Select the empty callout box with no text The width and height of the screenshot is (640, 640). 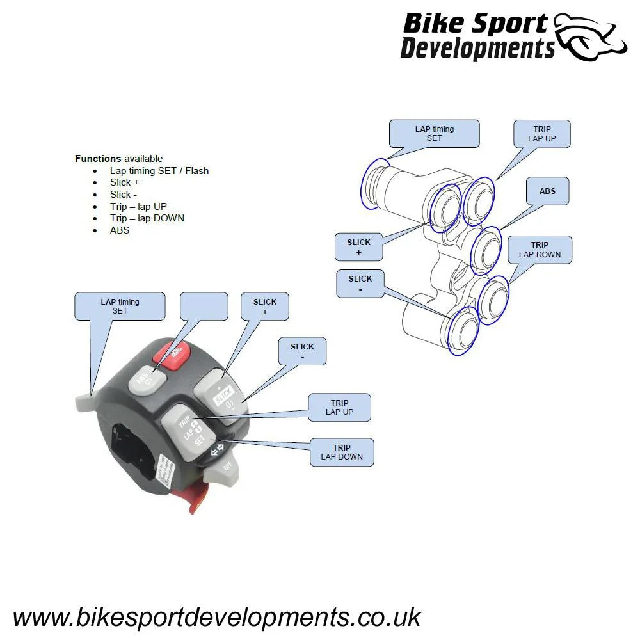point(204,306)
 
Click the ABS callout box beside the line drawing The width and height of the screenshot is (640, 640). point(547,191)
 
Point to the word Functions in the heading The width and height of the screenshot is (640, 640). point(98,159)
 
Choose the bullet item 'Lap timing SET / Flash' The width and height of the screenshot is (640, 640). point(159,171)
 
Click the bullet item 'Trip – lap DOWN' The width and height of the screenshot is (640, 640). point(147,218)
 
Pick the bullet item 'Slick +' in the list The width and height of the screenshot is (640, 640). point(125,182)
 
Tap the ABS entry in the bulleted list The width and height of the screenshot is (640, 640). point(120,230)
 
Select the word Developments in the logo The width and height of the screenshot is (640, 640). point(477,49)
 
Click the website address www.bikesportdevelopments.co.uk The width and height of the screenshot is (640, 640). point(216,617)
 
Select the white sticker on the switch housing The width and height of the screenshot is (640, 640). point(165,472)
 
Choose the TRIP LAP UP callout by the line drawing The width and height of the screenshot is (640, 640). point(541,134)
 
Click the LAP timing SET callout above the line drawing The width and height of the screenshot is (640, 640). point(434,133)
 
